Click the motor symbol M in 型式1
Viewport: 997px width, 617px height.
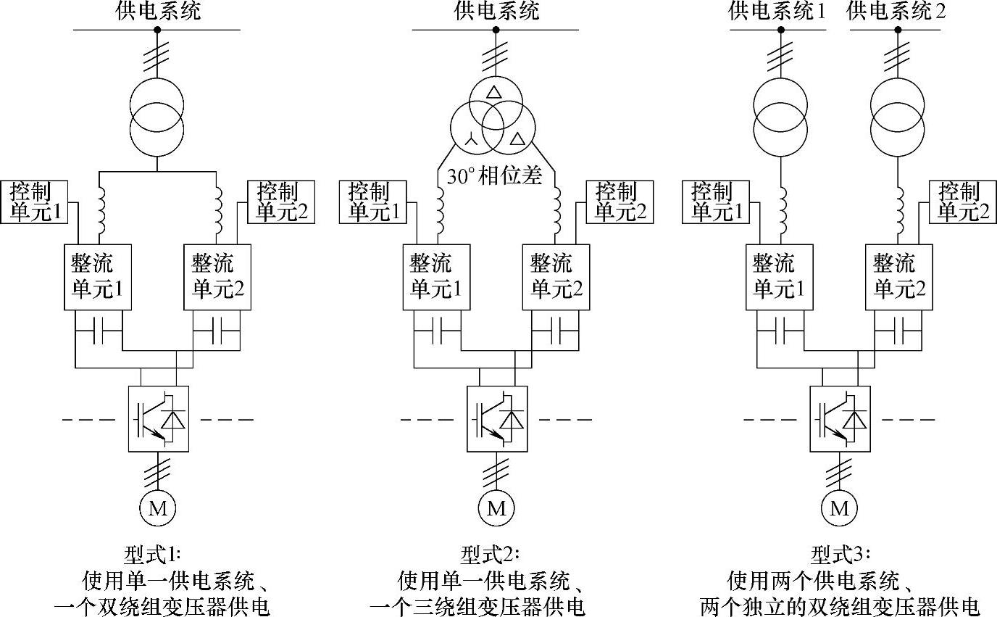(x=158, y=508)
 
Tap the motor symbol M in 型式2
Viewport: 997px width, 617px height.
(x=496, y=508)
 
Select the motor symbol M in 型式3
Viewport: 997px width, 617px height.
(x=839, y=508)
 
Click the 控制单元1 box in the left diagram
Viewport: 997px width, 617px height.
(x=35, y=202)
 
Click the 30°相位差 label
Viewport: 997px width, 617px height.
(x=495, y=176)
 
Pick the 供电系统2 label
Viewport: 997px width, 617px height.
(x=896, y=11)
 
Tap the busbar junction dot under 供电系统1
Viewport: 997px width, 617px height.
(x=781, y=30)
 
